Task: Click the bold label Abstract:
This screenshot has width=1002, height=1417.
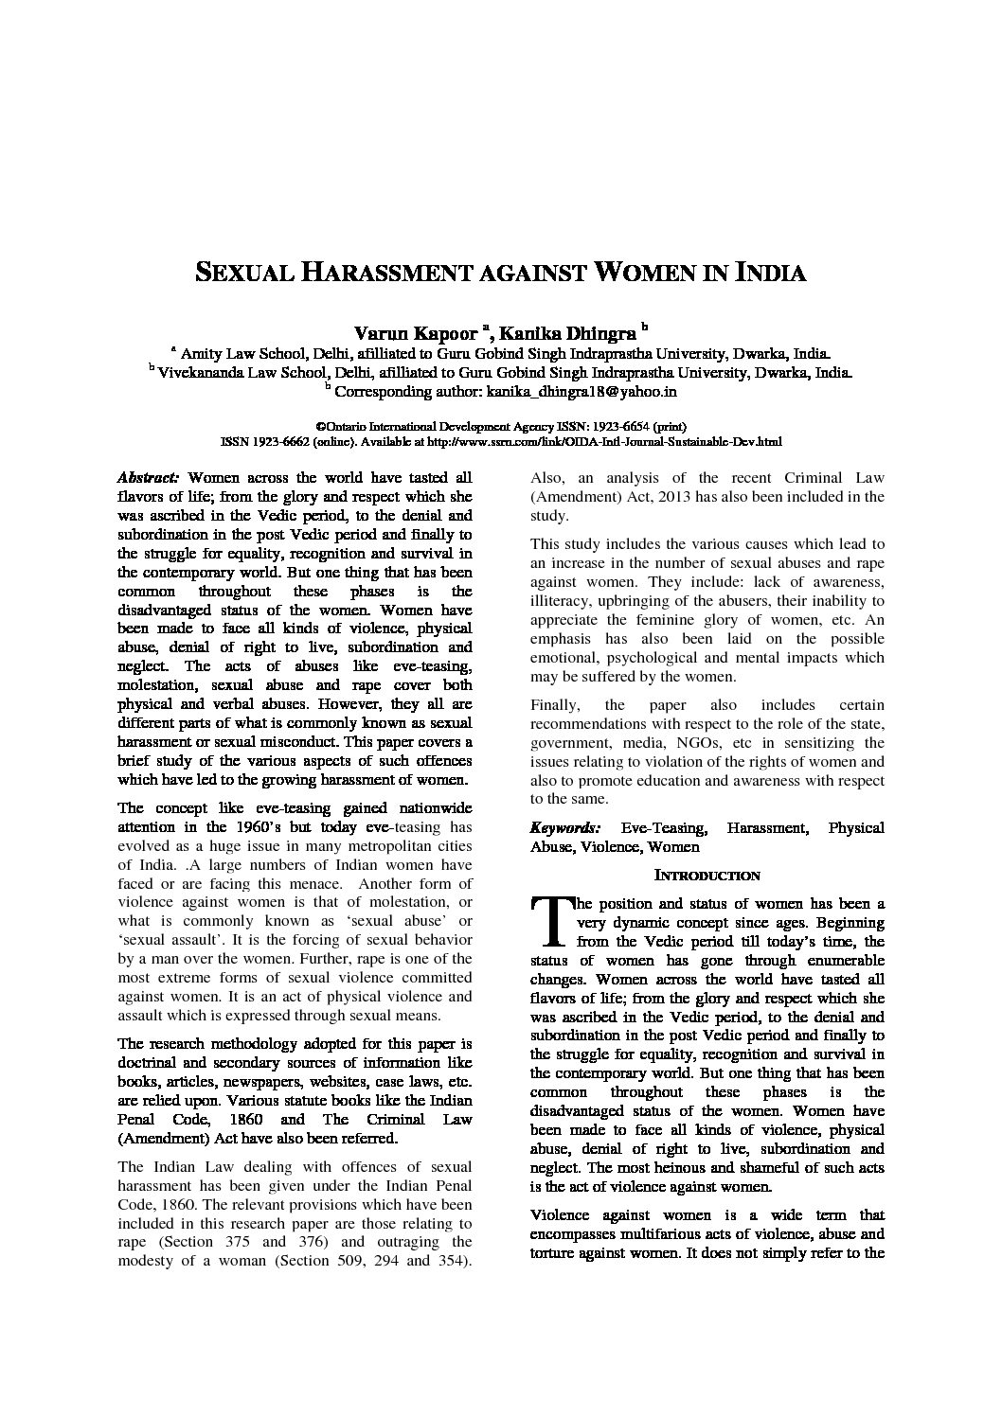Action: pyautogui.click(x=147, y=478)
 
